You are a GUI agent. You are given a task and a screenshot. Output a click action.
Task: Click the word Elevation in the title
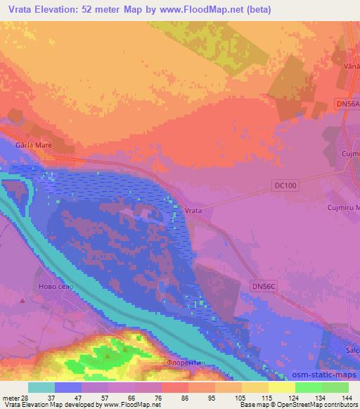(65, 10)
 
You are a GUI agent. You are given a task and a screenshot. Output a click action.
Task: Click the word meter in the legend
(11, 398)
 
